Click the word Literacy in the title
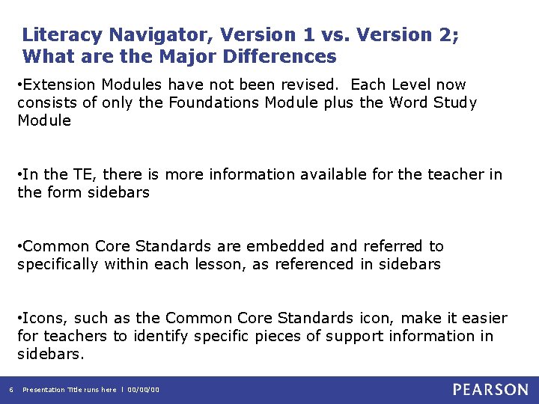click(63, 35)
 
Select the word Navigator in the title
click(153, 35)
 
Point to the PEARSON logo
click(490, 390)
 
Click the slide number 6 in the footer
click(10, 390)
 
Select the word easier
click(484, 318)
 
